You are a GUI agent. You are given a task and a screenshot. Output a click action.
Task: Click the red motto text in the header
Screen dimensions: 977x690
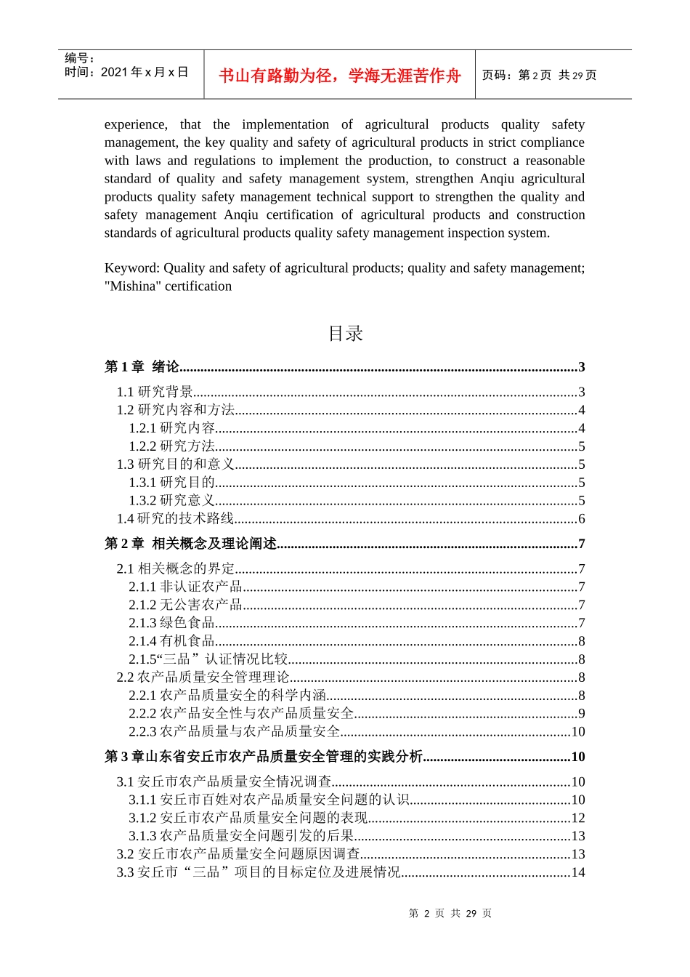[339, 76]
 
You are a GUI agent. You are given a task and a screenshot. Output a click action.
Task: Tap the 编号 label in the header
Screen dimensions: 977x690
[78, 58]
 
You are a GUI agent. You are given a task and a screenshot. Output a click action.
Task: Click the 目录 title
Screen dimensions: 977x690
[345, 334]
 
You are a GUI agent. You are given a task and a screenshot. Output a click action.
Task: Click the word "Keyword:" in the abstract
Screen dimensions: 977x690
[132, 268]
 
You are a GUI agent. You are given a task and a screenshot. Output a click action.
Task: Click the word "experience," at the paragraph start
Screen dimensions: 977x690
[135, 124]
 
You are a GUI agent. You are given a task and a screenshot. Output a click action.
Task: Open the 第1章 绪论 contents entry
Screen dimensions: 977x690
[142, 367]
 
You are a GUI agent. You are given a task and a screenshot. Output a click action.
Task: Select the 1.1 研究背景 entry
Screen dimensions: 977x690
[155, 392]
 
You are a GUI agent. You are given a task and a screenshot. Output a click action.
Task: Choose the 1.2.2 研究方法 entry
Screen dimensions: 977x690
[172, 446]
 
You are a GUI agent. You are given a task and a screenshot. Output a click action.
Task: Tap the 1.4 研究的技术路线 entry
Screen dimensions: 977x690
[175, 518]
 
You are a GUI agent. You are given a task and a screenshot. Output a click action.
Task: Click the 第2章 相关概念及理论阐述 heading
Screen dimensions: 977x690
[191, 544]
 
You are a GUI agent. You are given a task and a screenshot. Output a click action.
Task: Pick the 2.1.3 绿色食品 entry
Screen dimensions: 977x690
[172, 623]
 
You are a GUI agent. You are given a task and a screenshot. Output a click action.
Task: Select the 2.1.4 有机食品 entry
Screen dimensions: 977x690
[172, 641]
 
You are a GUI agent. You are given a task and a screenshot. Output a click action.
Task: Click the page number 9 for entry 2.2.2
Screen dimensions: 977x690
[581, 714]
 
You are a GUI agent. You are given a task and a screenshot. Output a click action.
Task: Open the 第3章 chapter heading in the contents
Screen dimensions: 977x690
[264, 757]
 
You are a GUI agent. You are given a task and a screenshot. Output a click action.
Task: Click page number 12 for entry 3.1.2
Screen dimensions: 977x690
[578, 818]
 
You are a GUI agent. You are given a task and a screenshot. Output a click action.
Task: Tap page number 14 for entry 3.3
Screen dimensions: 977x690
[578, 872]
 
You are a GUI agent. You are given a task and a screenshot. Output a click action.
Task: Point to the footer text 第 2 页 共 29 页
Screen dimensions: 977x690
[450, 914]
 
